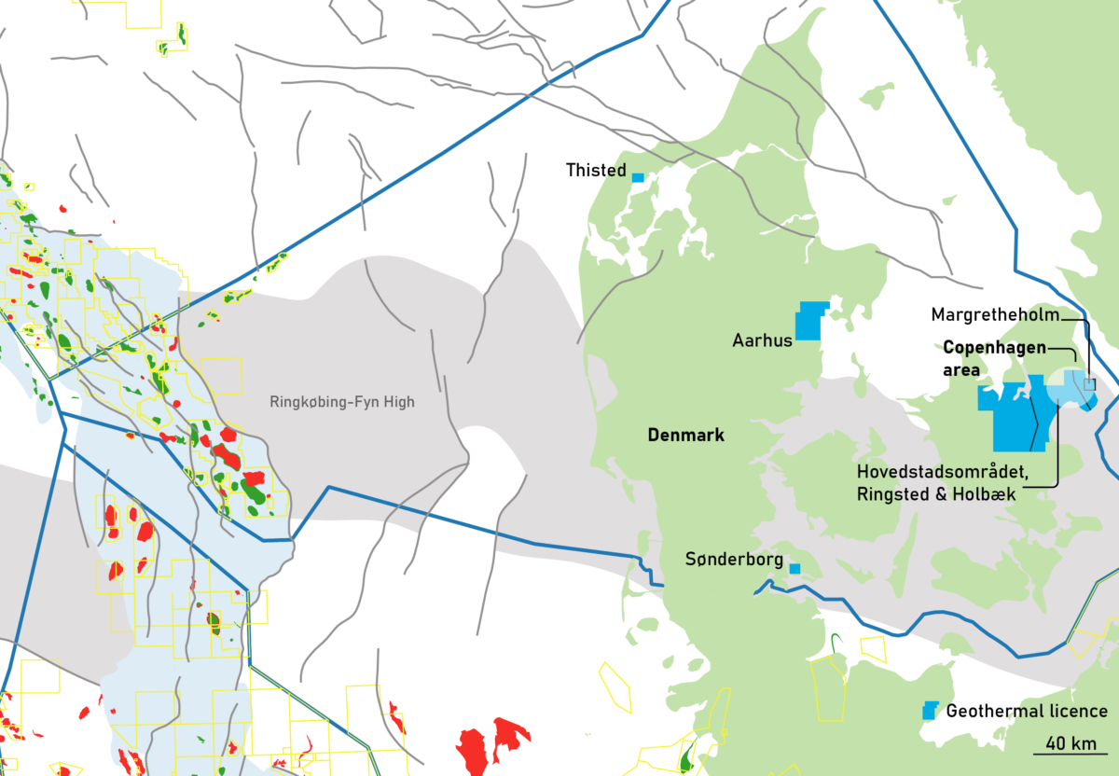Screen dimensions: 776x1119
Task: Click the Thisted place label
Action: (x=596, y=171)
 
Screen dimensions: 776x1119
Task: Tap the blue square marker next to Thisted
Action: (x=638, y=177)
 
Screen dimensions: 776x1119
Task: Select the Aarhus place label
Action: (x=762, y=340)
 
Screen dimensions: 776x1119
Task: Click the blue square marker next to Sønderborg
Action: (x=794, y=568)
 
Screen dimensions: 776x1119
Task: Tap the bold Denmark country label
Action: (x=685, y=436)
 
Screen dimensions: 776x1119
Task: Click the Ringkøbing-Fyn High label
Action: (x=341, y=403)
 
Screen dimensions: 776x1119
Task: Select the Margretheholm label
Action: (x=995, y=315)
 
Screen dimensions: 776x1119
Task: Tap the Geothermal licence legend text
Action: (x=1027, y=712)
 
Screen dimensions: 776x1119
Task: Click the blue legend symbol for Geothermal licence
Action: (x=929, y=711)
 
